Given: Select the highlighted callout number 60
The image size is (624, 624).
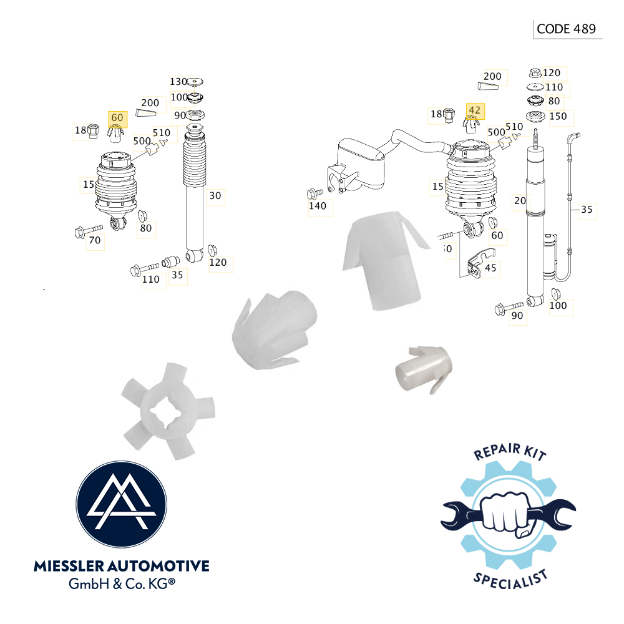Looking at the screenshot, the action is (x=117, y=118).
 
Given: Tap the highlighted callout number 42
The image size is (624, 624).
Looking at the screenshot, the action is (x=475, y=110).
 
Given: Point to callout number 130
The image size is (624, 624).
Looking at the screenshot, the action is (x=178, y=82).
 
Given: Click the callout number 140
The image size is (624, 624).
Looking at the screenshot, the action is (x=318, y=206).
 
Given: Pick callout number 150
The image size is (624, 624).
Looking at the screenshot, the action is (x=558, y=116).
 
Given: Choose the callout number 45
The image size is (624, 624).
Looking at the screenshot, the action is (x=490, y=268).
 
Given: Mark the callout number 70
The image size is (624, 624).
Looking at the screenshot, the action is (x=95, y=240).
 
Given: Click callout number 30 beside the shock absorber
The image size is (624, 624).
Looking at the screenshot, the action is (x=215, y=196).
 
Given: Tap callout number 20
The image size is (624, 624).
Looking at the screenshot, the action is (x=519, y=200).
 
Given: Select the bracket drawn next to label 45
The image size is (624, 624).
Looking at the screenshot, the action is (x=480, y=261).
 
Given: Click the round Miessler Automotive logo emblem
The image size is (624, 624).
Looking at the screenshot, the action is (x=121, y=505).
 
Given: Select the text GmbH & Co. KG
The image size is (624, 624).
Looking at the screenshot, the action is (x=121, y=585).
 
